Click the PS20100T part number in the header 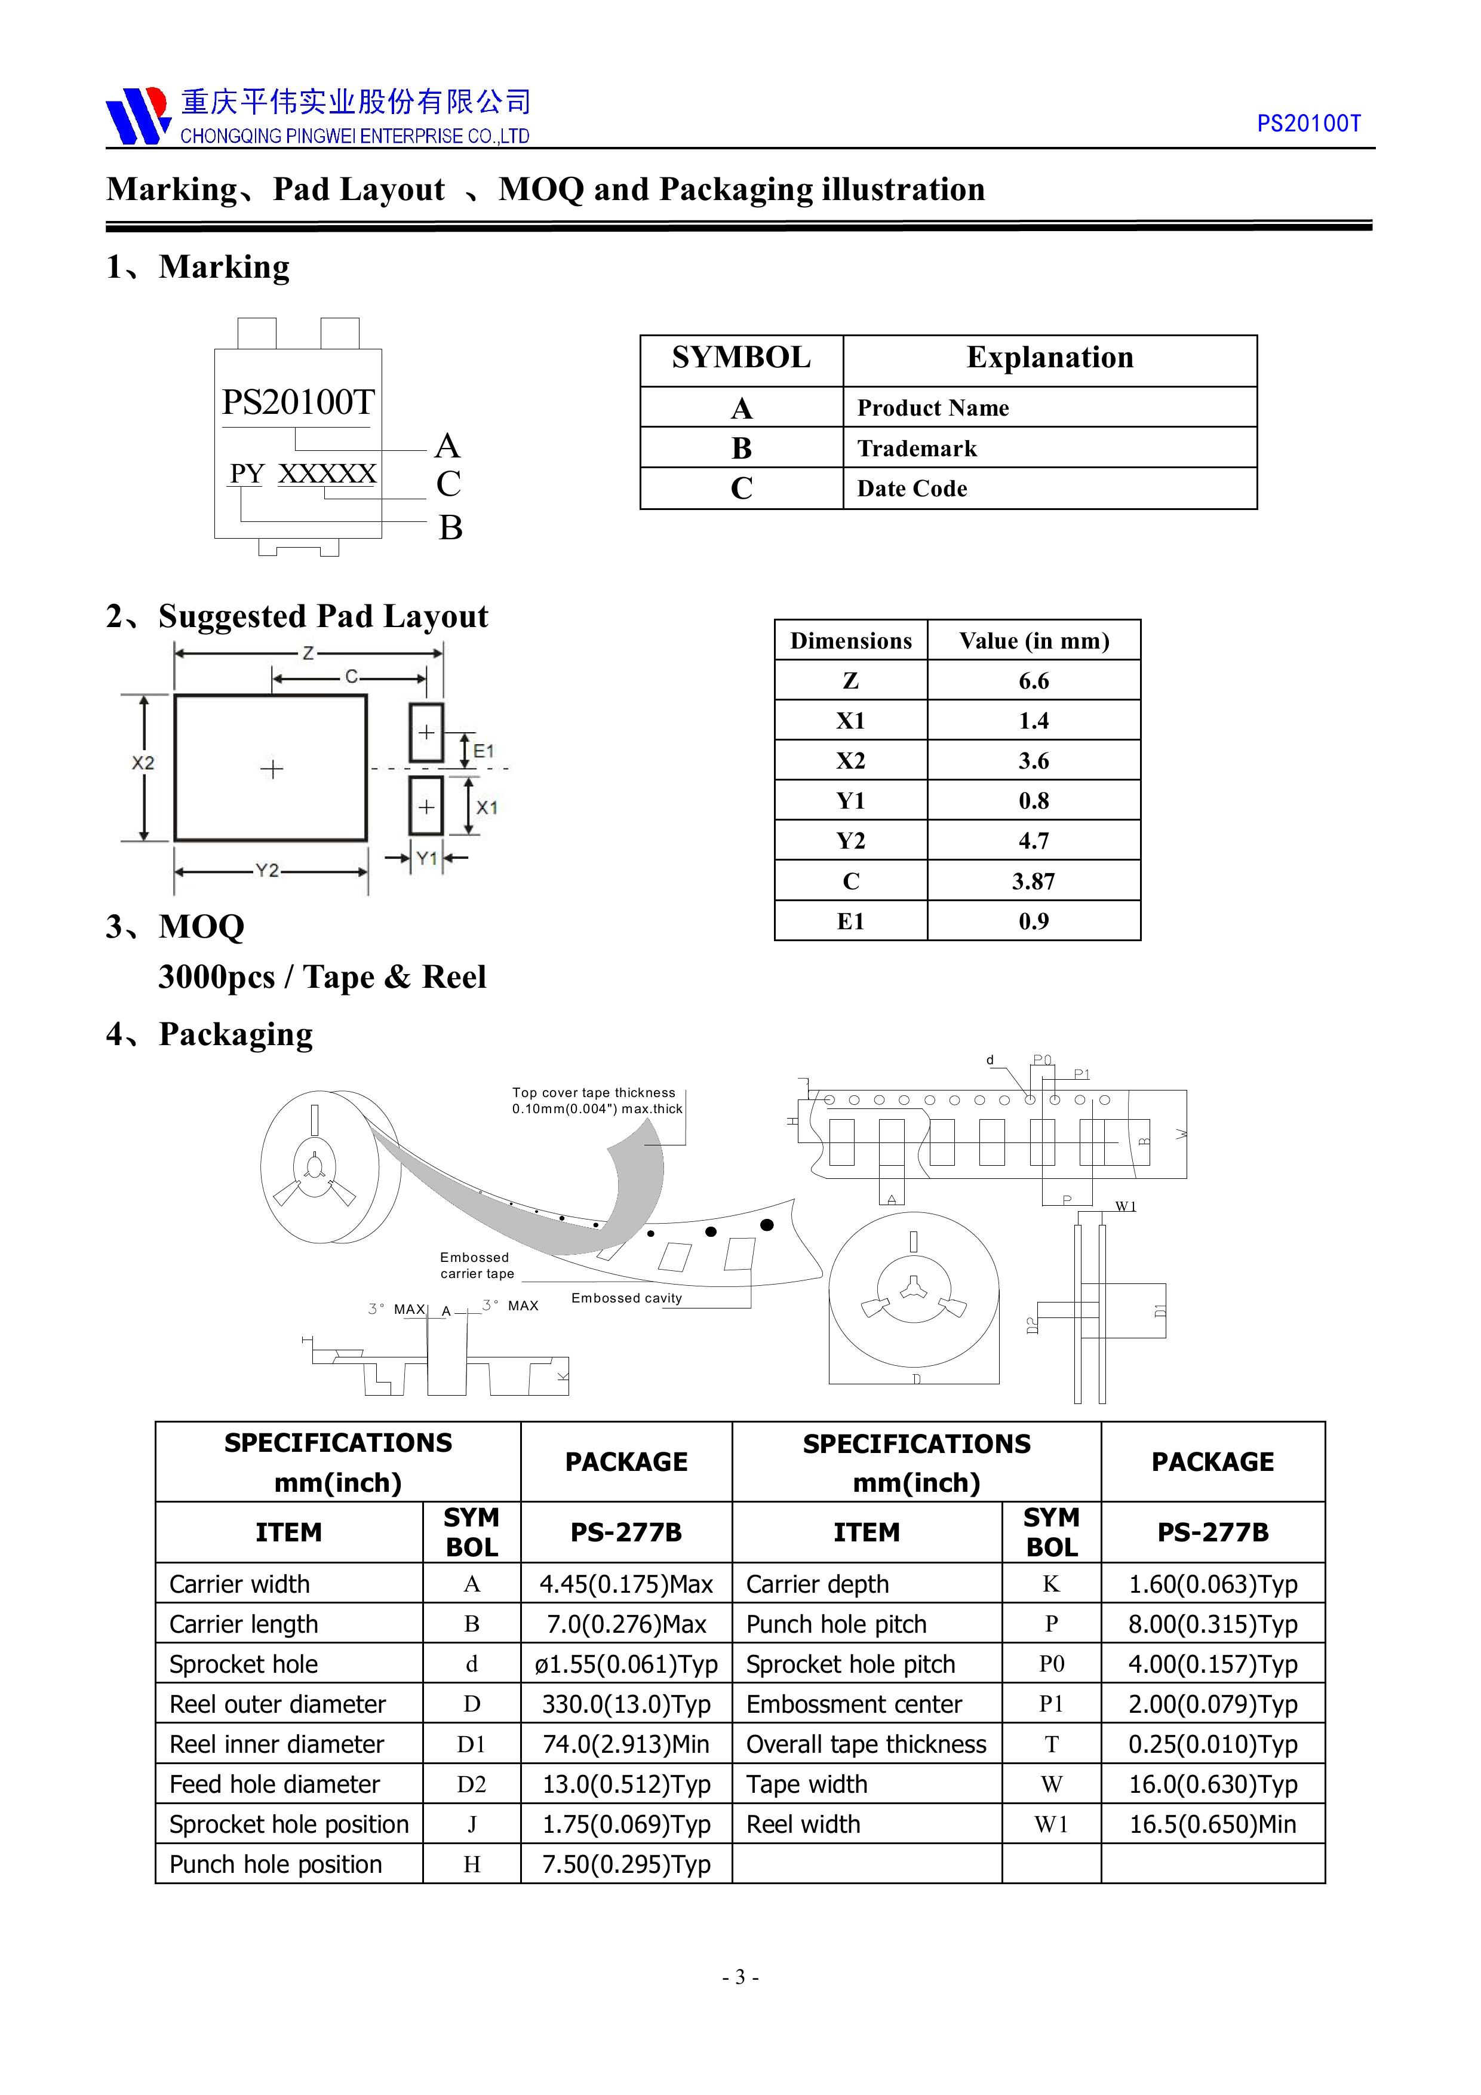click(1308, 124)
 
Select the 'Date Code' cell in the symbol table click(912, 489)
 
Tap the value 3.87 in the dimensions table click(1033, 881)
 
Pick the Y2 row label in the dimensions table click(850, 841)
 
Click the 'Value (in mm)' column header click(1033, 641)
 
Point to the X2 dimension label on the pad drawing click(143, 763)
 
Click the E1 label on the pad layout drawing click(484, 751)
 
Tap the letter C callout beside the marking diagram click(448, 484)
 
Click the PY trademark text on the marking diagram click(247, 474)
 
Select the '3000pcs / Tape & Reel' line click(322, 977)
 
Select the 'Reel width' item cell click(803, 1825)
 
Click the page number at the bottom click(740, 1977)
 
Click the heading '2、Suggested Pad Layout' click(297, 617)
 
